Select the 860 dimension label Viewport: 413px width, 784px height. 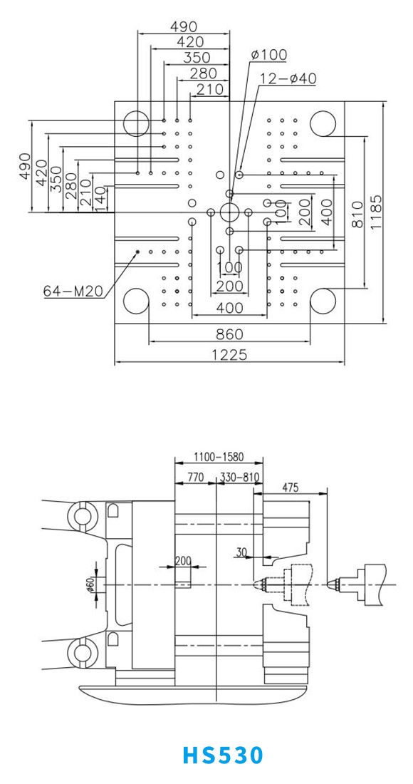(x=229, y=334)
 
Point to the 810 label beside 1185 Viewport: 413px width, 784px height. (x=357, y=215)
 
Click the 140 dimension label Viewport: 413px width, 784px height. (x=100, y=199)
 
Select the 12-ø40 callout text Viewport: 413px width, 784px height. (x=288, y=78)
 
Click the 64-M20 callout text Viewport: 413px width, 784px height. (x=73, y=290)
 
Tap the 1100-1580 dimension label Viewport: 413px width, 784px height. (x=218, y=457)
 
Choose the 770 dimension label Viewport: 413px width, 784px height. (x=195, y=477)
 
